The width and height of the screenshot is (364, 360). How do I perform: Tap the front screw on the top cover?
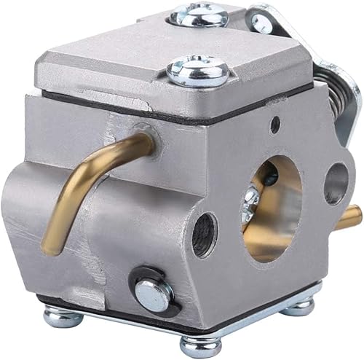click(198, 71)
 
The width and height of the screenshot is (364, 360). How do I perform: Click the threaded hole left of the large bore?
click(204, 235)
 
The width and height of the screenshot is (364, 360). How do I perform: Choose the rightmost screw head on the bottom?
click(298, 306)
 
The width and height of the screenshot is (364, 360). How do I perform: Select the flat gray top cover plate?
click(131, 69)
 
